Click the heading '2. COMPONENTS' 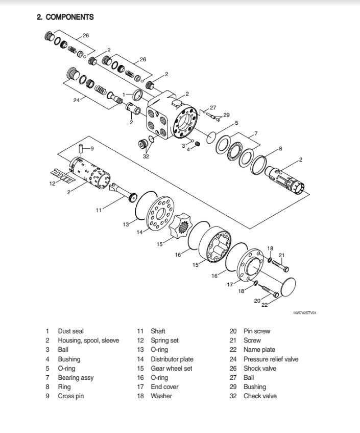tap(65, 17)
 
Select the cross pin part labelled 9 tap(81, 152)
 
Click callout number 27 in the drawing tap(213, 107)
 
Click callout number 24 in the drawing tap(76, 100)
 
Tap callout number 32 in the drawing tap(146, 156)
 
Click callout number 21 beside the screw tap(281, 255)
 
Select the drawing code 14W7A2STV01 tap(304, 313)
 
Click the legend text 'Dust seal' tap(70, 331)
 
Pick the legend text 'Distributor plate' tap(172, 359)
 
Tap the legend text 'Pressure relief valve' tap(271, 359)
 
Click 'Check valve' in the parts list tap(259, 396)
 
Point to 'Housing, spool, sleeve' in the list tap(88, 340)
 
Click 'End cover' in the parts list tap(164, 387)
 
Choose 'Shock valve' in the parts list tap(259, 369)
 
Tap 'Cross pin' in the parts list tap(70, 396)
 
